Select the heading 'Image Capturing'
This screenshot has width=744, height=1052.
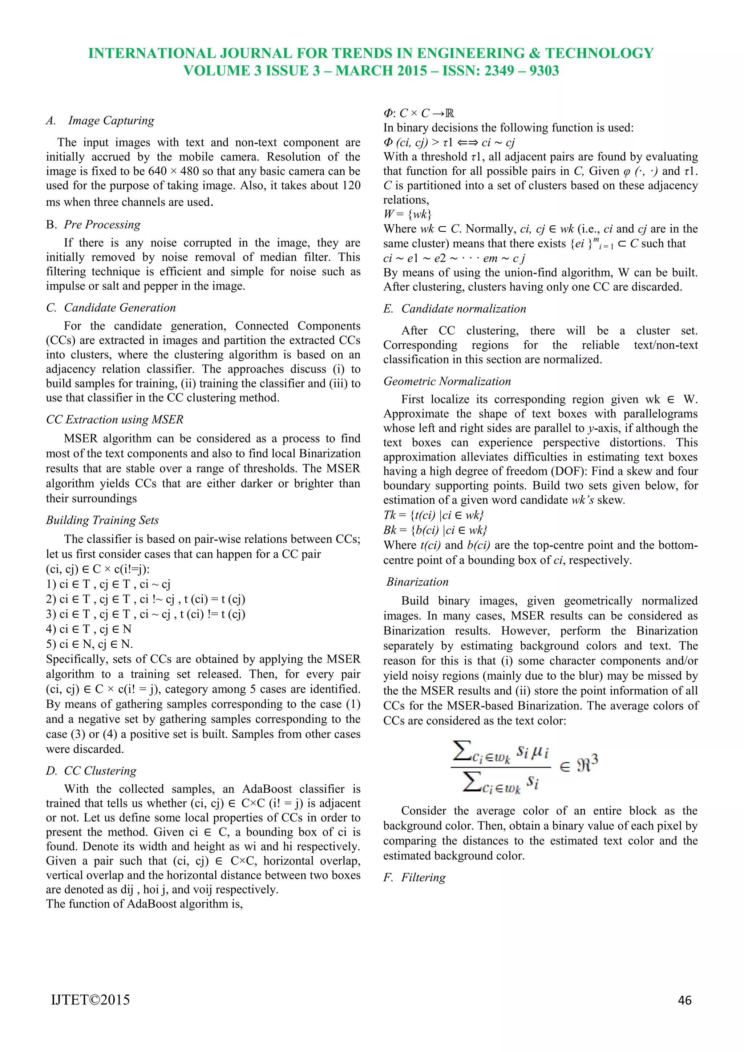(x=111, y=121)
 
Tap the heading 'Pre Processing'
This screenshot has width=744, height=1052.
(x=102, y=224)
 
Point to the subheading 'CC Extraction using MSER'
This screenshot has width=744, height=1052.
(x=114, y=420)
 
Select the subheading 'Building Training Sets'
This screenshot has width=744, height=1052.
(x=102, y=521)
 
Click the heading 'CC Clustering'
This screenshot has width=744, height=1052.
(x=100, y=771)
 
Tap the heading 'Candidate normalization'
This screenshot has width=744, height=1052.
(x=463, y=309)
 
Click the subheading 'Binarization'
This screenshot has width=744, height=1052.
(x=417, y=582)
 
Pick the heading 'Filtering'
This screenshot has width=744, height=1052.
(x=423, y=877)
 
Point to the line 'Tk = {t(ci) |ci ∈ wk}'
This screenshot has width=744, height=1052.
(x=433, y=515)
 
